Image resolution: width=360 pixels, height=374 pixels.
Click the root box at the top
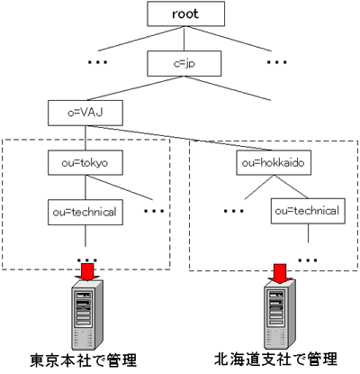[185, 14]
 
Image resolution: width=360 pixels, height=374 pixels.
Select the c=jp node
[184, 63]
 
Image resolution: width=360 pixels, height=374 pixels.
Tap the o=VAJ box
[85, 113]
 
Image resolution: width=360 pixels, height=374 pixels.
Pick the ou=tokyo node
[85, 163]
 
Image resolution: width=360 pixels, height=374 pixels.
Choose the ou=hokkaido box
[274, 163]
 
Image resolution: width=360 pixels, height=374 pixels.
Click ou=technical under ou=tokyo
[85, 212]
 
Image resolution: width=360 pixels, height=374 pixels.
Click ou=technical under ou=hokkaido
[308, 211]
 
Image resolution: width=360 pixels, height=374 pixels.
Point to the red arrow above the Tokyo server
[87, 272]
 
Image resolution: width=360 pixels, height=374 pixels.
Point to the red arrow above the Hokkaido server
[281, 274]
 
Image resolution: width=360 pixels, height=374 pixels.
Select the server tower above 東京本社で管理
[87, 315]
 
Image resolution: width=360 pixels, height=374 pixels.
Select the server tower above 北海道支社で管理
[280, 315]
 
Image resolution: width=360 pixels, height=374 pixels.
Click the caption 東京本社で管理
[84, 360]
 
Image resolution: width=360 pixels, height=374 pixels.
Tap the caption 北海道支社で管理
[276, 360]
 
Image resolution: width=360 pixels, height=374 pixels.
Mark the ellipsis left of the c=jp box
[97, 62]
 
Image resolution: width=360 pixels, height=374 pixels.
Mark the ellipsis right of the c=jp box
[276, 62]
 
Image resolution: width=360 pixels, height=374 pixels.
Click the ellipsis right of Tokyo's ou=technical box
[154, 211]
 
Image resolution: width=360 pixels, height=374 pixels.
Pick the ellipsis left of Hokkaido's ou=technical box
[233, 211]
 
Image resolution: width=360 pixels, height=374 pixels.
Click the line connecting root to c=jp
[184, 39]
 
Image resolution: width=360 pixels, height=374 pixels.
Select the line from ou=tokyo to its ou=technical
[85, 187]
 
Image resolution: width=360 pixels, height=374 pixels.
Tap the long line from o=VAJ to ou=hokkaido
[179, 138]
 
